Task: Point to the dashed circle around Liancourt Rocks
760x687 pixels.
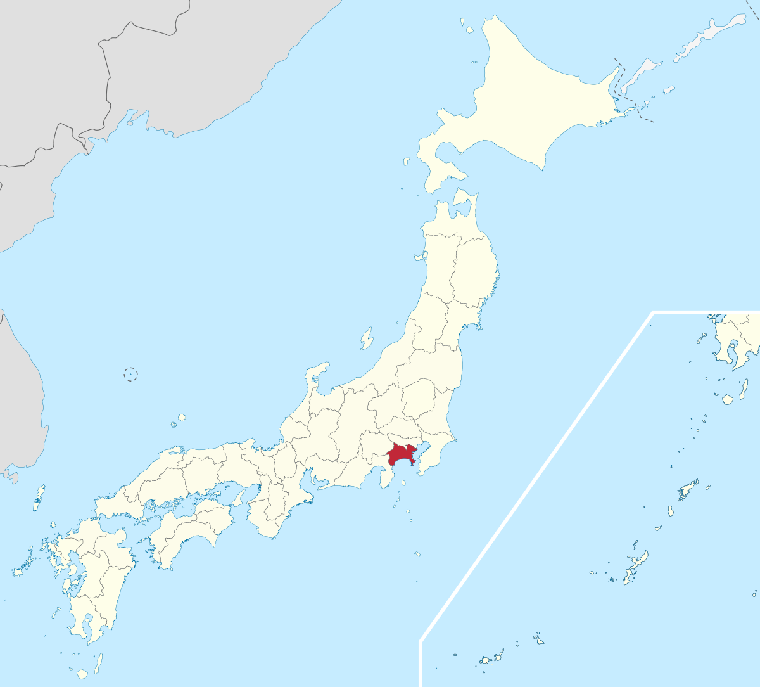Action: [130, 374]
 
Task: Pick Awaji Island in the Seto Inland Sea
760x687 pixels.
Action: [239, 498]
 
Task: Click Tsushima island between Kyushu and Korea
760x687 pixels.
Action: [39, 498]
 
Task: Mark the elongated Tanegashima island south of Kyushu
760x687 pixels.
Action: [99, 663]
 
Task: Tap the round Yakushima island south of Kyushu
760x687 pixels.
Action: [82, 674]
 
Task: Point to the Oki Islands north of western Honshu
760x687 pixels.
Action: [181, 418]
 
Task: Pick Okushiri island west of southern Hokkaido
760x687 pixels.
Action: [406, 162]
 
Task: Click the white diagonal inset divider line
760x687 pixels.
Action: [538, 475]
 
